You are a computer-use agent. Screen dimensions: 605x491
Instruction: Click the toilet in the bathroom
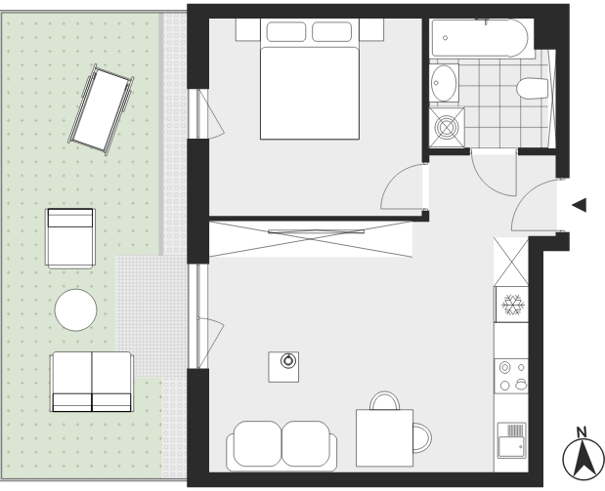pos(533,88)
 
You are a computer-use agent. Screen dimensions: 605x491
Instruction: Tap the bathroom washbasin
pos(444,83)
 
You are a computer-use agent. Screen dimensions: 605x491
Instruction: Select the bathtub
pos(480,38)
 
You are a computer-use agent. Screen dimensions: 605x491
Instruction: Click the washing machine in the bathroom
pos(447,128)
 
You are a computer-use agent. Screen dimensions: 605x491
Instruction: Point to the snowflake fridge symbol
pos(513,305)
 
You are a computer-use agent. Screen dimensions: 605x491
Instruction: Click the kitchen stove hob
pos(511,376)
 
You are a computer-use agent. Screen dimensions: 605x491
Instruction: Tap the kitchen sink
pos(511,440)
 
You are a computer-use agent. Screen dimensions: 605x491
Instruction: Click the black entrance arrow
pos(580,205)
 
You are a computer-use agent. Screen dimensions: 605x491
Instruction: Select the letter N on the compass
pos(582,432)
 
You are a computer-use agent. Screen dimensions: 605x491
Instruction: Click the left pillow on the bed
pos(286,31)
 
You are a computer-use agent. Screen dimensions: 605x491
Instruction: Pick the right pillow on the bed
pos(332,31)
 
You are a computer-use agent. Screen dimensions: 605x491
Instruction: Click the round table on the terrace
pos(75,309)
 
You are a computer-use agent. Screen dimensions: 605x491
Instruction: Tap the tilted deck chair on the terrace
pos(102,110)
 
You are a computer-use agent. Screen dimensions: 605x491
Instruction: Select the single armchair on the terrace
pos(69,238)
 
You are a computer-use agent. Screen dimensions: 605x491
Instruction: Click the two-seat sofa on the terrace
pos(92,382)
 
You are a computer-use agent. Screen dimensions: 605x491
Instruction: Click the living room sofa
pos(281,446)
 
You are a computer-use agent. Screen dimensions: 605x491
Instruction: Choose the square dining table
pos(384,438)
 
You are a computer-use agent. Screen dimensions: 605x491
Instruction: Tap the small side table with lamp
pos(283,367)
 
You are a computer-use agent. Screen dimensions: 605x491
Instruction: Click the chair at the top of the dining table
pos(385,401)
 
